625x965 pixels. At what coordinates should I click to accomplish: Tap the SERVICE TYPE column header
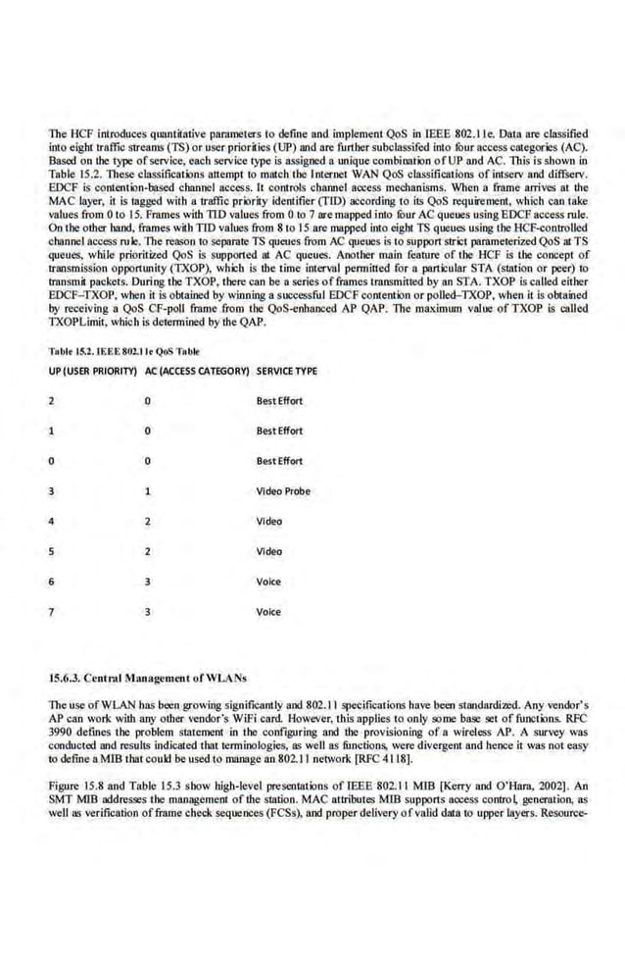[287, 371]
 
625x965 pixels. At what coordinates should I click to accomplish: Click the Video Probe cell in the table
[283, 491]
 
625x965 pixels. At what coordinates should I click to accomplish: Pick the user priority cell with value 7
[52, 612]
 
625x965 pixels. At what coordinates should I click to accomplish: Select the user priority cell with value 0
[52, 461]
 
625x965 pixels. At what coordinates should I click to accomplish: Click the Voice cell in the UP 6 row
[268, 582]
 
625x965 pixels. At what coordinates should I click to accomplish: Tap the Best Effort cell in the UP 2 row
[279, 401]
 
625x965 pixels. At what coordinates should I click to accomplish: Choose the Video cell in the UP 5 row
[268, 551]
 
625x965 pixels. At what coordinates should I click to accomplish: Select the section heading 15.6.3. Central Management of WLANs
[132, 677]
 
